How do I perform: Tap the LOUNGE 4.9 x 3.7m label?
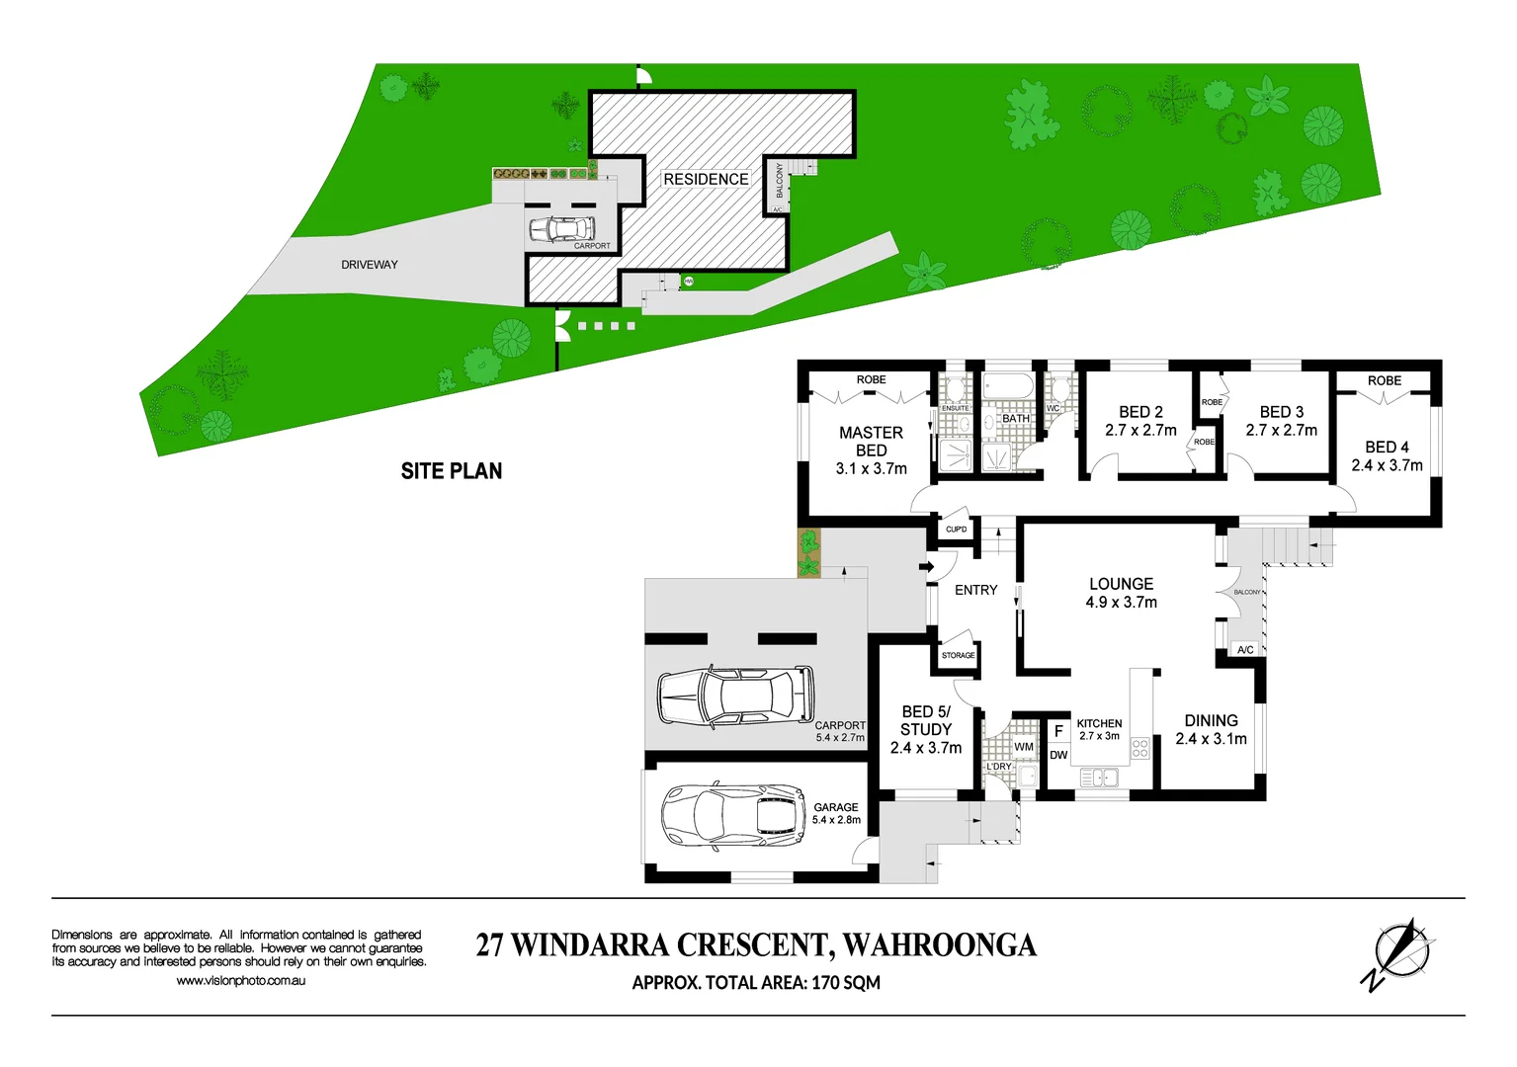pos(1121,593)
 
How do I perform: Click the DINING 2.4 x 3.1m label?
pos(1211,729)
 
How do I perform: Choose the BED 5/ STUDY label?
pos(925,729)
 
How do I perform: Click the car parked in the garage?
pos(733,816)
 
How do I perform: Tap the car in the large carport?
pos(735,695)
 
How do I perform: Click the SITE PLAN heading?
pos(452,471)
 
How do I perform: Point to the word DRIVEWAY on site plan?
pos(370,265)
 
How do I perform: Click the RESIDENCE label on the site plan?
pos(706,179)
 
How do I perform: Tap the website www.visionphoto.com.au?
pos(240,981)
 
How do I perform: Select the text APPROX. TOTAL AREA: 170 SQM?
pos(756,983)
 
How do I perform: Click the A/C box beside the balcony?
pos(1245,650)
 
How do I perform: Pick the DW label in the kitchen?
pos(1058,756)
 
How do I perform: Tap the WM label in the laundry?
pos(1024,747)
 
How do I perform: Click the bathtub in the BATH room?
pos(1007,385)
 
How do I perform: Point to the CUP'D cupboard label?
pos(956,530)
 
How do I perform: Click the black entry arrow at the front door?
pos(926,566)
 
